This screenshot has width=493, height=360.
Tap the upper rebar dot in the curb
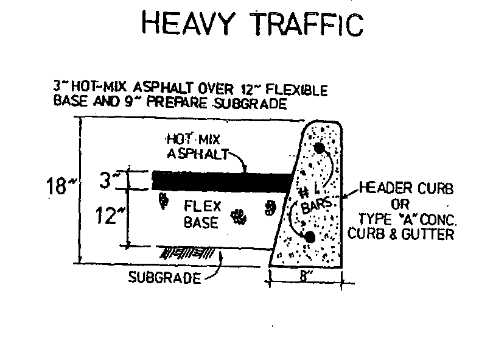[319, 148]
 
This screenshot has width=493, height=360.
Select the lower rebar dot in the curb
[310, 236]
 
